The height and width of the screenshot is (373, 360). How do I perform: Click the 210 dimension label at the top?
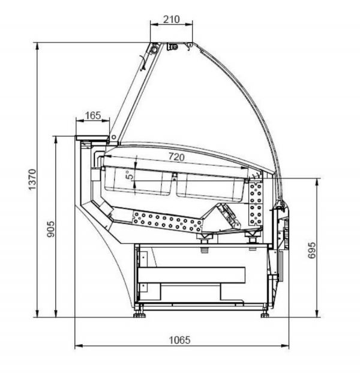[171, 19]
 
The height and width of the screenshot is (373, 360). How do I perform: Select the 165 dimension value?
[93, 115]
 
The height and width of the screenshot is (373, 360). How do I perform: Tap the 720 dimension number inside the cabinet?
[176, 157]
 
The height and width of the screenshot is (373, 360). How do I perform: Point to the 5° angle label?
[130, 175]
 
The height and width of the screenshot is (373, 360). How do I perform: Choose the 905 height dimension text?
[50, 229]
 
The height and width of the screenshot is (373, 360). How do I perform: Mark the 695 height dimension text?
[312, 250]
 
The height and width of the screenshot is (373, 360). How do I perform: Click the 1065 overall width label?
[179, 340]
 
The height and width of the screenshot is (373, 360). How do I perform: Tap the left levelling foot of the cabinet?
[139, 314]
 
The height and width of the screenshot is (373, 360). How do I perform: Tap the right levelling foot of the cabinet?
[265, 314]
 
